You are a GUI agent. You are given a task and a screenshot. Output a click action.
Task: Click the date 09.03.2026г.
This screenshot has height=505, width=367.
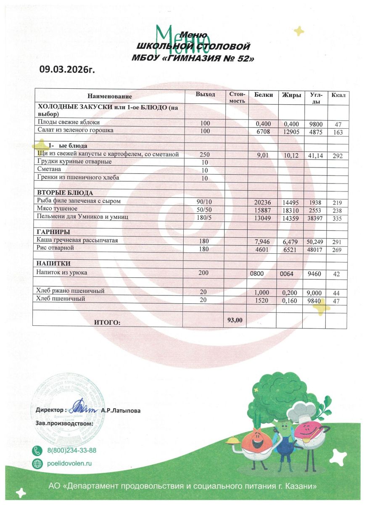pos(67,69)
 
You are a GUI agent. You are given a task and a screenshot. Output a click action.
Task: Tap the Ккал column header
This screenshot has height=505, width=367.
pos(338,95)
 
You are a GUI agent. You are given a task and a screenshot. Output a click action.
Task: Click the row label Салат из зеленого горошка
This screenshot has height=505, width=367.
pos(75,130)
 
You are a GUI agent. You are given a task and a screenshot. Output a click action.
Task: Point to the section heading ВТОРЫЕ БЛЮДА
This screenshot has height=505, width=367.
pos(65,193)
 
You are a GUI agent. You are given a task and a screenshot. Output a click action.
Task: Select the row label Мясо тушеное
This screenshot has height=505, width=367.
pos(57,209)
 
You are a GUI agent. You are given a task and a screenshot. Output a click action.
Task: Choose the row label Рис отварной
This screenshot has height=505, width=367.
pos(55,248)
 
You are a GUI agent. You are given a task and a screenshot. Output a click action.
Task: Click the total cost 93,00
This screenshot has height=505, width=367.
pos(235,320)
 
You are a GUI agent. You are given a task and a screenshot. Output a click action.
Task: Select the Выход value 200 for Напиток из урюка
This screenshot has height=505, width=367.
pos(203,273)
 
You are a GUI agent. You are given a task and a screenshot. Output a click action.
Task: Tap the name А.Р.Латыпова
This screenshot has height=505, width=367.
pos(121,410)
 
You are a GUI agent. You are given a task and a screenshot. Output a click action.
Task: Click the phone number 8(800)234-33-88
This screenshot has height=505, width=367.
pos(71,450)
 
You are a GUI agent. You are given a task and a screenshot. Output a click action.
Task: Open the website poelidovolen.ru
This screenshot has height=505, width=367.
pos(69,463)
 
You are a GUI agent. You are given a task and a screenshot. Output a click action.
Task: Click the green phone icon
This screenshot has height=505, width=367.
pos(38,451)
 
